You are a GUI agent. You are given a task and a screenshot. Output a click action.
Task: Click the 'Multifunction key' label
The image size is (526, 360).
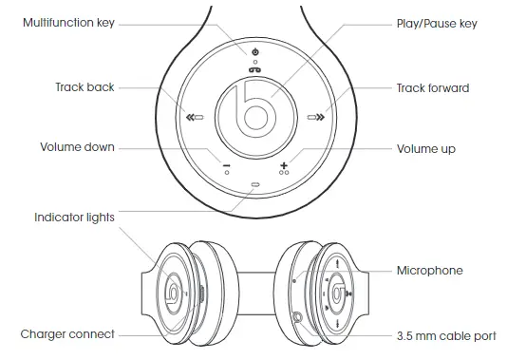(x=68, y=22)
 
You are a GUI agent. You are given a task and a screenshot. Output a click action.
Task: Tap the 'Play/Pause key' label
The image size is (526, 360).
(x=436, y=22)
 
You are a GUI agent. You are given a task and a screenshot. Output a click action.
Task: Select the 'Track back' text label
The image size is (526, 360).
(x=85, y=87)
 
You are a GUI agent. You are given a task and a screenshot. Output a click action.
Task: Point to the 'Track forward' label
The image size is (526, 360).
(x=433, y=88)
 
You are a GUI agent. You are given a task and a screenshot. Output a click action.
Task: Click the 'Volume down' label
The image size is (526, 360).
(x=77, y=148)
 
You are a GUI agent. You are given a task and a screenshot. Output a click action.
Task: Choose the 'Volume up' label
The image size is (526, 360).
(x=426, y=149)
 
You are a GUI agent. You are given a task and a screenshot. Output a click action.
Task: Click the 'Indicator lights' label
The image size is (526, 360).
(x=74, y=218)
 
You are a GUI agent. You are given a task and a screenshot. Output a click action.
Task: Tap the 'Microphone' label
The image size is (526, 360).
(x=430, y=271)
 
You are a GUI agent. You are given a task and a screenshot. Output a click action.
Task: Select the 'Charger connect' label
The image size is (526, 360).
(x=67, y=334)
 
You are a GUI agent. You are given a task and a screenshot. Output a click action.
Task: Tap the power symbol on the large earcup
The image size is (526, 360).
(x=254, y=50)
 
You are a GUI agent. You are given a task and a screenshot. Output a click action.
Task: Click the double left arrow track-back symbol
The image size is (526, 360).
(x=191, y=118)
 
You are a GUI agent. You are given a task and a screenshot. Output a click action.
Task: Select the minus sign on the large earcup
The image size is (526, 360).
(x=227, y=166)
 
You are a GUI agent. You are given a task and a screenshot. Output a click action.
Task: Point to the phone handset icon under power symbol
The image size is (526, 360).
(x=254, y=68)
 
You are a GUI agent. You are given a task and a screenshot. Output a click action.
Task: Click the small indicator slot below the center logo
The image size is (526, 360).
(x=254, y=186)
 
